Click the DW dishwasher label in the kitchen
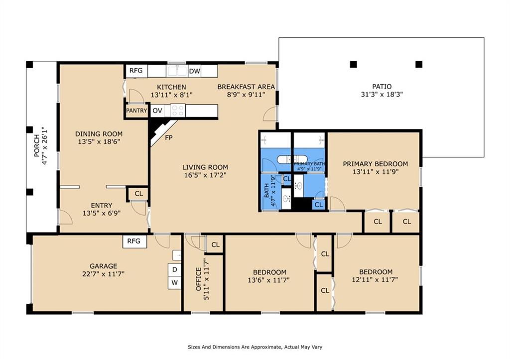point(195,71)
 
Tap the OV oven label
point(157,111)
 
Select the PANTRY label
point(136,111)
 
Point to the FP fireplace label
point(168,137)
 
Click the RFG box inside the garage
point(134,241)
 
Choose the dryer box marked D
point(175,269)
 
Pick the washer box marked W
point(175,283)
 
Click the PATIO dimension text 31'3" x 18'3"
point(382,95)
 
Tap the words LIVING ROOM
point(205,167)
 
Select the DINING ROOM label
point(99,133)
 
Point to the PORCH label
point(37,146)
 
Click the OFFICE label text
point(198,279)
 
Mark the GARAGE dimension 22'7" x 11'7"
point(104,274)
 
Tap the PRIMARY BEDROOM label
point(376,164)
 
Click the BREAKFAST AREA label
point(246,87)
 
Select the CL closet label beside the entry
point(139,194)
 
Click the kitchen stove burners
point(178,111)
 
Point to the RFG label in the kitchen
point(136,71)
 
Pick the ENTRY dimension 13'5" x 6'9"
point(102,213)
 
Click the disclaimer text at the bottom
point(255,347)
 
